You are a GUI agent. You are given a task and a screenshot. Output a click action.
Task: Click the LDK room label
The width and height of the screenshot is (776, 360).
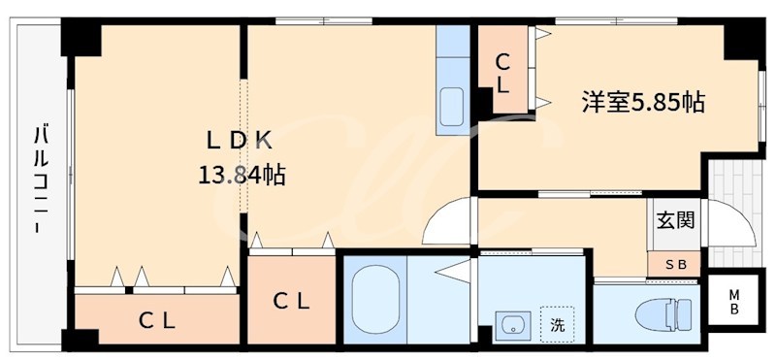point(239,140)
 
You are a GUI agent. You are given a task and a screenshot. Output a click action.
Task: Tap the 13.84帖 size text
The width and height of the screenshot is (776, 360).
point(242,176)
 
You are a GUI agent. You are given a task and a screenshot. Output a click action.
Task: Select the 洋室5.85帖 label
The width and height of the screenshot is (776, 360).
point(642,101)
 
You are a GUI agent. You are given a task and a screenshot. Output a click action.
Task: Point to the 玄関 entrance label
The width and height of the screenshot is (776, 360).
point(674,220)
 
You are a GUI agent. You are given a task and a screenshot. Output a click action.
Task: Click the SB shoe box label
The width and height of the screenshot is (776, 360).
point(675,264)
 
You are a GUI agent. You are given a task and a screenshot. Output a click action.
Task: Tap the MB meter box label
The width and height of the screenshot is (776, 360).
point(734,302)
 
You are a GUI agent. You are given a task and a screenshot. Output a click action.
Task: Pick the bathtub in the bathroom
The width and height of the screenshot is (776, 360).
point(374,302)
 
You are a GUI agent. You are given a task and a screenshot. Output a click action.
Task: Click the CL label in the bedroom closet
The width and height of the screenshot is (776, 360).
point(502,73)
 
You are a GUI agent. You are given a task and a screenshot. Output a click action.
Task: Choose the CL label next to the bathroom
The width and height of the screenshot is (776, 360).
point(291,302)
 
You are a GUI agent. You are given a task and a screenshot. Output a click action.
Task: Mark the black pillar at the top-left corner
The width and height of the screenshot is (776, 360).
point(81,38)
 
